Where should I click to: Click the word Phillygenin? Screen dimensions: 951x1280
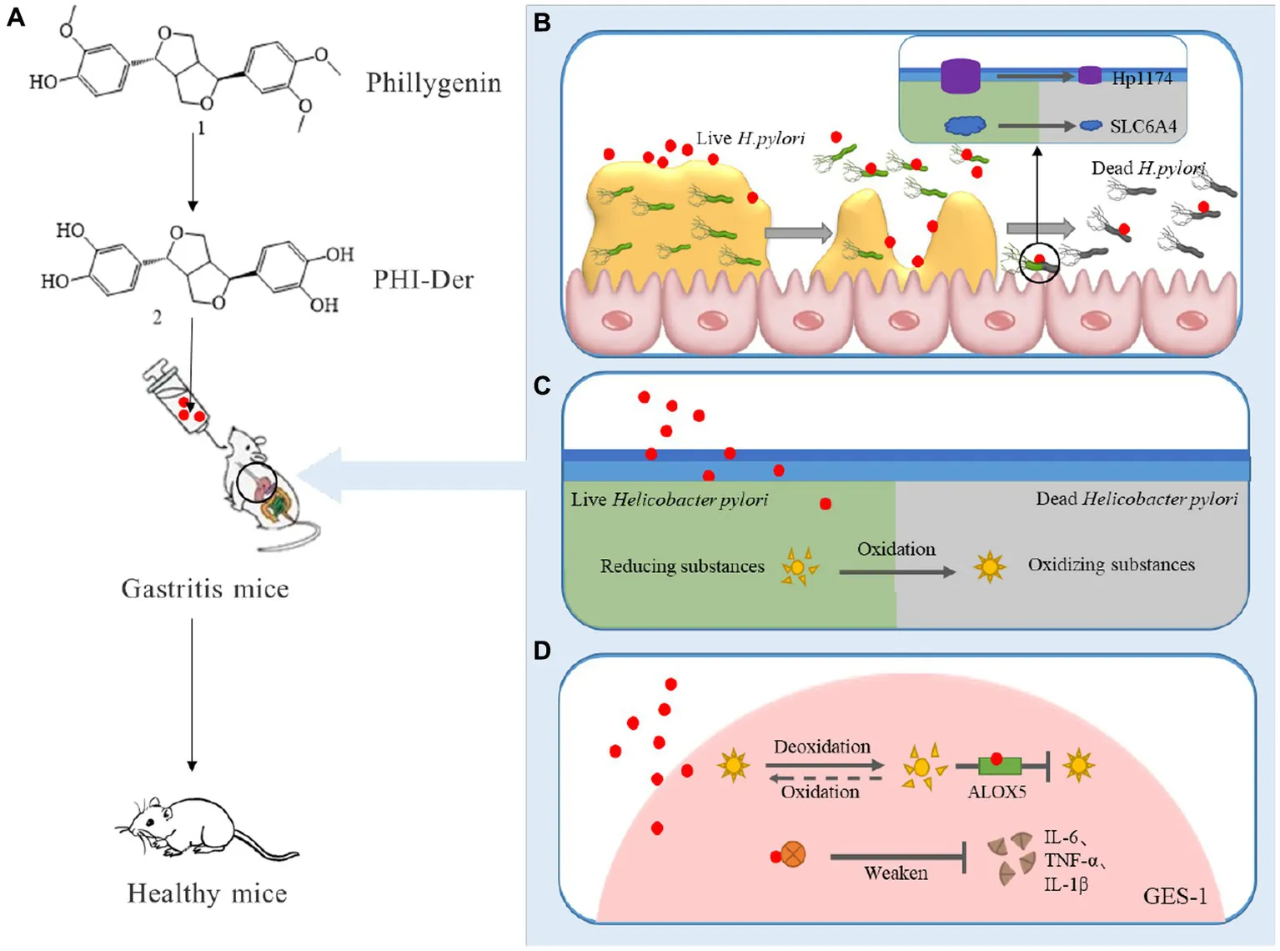tap(433, 83)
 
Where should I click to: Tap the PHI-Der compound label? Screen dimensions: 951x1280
tap(423, 279)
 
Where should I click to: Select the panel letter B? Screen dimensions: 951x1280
tap(542, 22)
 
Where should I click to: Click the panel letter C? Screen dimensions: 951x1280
tap(542, 385)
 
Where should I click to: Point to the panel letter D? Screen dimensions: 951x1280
tap(542, 650)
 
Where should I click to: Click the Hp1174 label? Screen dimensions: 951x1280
tap(1142, 78)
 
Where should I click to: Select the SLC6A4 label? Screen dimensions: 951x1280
tap(1142, 127)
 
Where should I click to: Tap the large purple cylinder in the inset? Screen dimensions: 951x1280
tap(960, 76)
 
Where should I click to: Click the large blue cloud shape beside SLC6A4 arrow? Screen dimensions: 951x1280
tap(965, 125)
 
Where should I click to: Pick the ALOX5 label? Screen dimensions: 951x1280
tap(996, 792)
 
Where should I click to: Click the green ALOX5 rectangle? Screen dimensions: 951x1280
tap(1000, 765)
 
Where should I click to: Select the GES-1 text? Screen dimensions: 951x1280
tap(1174, 897)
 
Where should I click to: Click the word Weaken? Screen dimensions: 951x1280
tap(896, 873)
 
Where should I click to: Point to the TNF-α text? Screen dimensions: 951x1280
tap(1073, 861)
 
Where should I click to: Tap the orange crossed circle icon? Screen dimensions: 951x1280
tap(793, 854)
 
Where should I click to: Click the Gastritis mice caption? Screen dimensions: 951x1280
tap(205, 589)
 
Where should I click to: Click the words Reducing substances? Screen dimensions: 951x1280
tap(682, 566)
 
